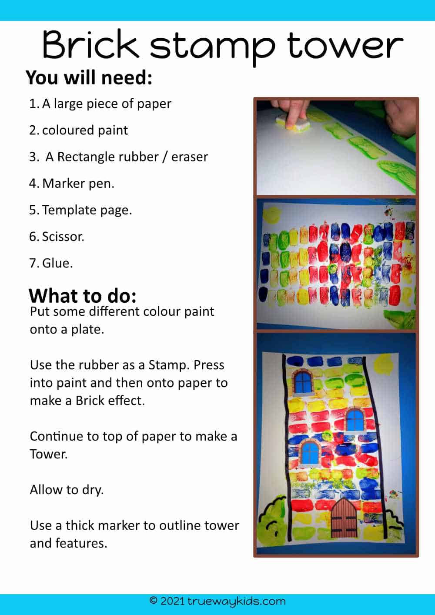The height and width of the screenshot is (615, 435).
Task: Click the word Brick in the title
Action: click(x=90, y=44)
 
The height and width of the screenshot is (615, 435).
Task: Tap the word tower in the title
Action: click(x=345, y=45)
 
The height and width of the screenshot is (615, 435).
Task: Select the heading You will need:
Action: click(x=89, y=77)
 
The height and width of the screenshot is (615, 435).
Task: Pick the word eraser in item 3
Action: click(x=190, y=157)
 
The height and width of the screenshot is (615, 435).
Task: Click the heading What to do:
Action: click(x=82, y=296)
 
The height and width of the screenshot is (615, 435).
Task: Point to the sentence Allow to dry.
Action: click(x=67, y=490)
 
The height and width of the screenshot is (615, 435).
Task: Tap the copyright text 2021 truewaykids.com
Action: click(x=217, y=601)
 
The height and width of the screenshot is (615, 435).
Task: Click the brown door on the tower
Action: click(x=343, y=518)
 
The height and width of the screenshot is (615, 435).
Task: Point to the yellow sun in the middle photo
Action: click(x=271, y=215)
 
